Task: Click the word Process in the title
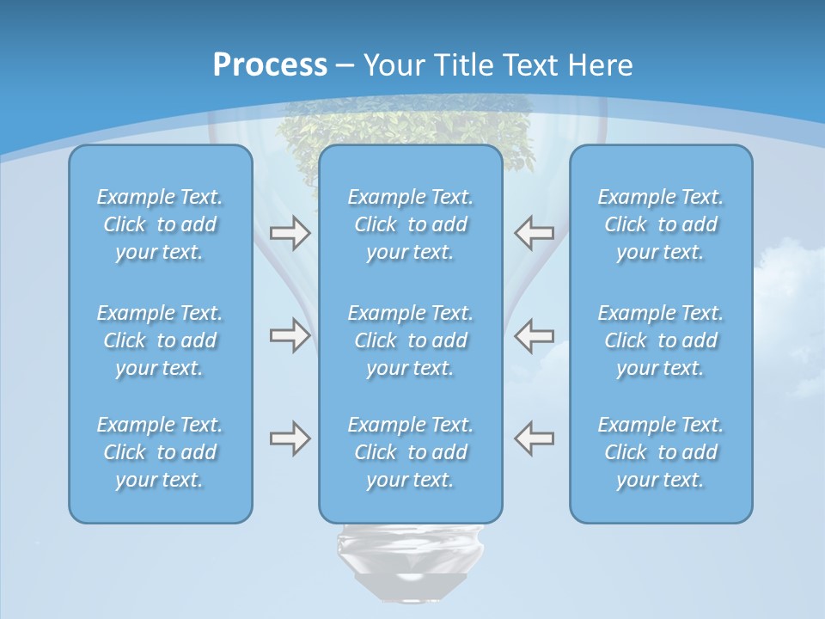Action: click(270, 65)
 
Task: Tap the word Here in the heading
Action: click(599, 65)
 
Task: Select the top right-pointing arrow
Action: click(290, 233)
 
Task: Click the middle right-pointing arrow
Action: click(290, 335)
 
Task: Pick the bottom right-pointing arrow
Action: click(290, 438)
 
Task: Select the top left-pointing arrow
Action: click(534, 233)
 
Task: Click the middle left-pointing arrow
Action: click(534, 335)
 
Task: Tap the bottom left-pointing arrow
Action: click(534, 438)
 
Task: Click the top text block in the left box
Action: click(160, 224)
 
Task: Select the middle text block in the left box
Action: click(160, 340)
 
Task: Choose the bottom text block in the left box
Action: click(160, 452)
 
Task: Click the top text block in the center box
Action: click(411, 224)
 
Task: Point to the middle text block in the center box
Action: click(411, 340)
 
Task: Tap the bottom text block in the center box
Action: click(411, 452)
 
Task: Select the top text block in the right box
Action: click(661, 224)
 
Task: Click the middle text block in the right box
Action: click(661, 340)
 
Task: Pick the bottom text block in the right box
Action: click(661, 452)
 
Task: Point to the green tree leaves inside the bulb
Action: click(404, 129)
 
